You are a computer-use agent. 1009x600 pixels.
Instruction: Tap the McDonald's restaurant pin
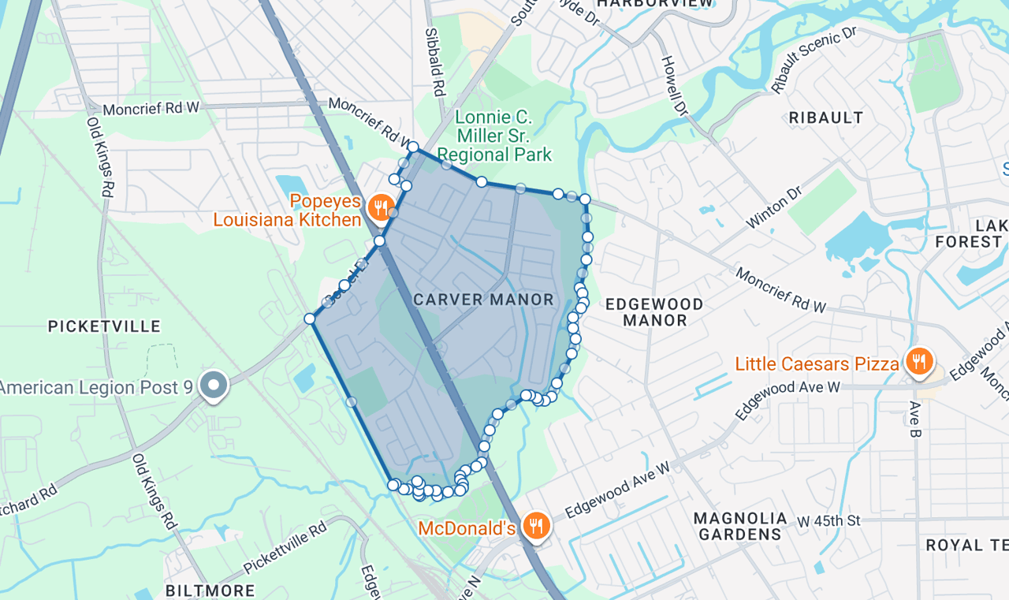point(536,526)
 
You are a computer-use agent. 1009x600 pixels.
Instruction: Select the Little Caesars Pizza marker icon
point(918,363)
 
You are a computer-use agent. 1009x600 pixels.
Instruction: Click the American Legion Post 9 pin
point(213,386)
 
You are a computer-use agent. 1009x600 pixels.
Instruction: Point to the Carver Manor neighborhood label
point(484,300)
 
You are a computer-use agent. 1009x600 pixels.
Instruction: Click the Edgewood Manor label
point(653,312)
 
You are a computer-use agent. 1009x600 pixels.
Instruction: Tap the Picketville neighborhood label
point(104,326)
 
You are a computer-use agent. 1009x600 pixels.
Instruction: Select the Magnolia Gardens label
point(740,526)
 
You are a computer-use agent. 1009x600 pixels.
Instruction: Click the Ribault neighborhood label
point(826,118)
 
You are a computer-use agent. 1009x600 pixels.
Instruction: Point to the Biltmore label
point(210,591)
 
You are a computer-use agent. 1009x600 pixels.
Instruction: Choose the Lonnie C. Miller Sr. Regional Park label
point(494,136)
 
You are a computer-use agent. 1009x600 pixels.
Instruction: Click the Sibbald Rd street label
point(435,61)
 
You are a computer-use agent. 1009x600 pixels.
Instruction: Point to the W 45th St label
point(828,521)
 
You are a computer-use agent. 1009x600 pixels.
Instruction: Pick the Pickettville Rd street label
point(285,547)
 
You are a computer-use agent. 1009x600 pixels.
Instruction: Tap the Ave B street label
point(915,419)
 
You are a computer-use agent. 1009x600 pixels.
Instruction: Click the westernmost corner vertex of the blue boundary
point(310,319)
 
